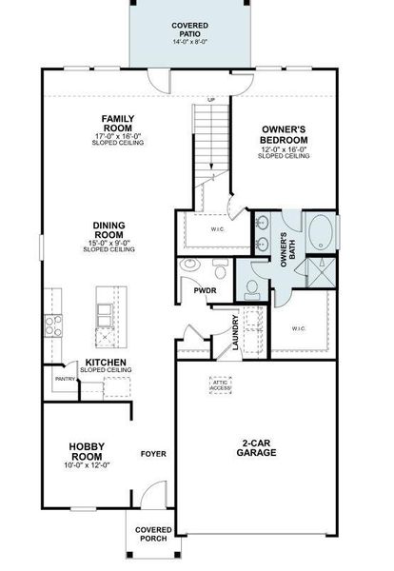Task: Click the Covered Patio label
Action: (190, 32)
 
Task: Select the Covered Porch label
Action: (152, 533)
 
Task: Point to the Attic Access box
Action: (221, 386)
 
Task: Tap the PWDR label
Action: (205, 291)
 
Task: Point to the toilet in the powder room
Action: (190, 266)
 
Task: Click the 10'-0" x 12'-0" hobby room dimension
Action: (87, 465)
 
